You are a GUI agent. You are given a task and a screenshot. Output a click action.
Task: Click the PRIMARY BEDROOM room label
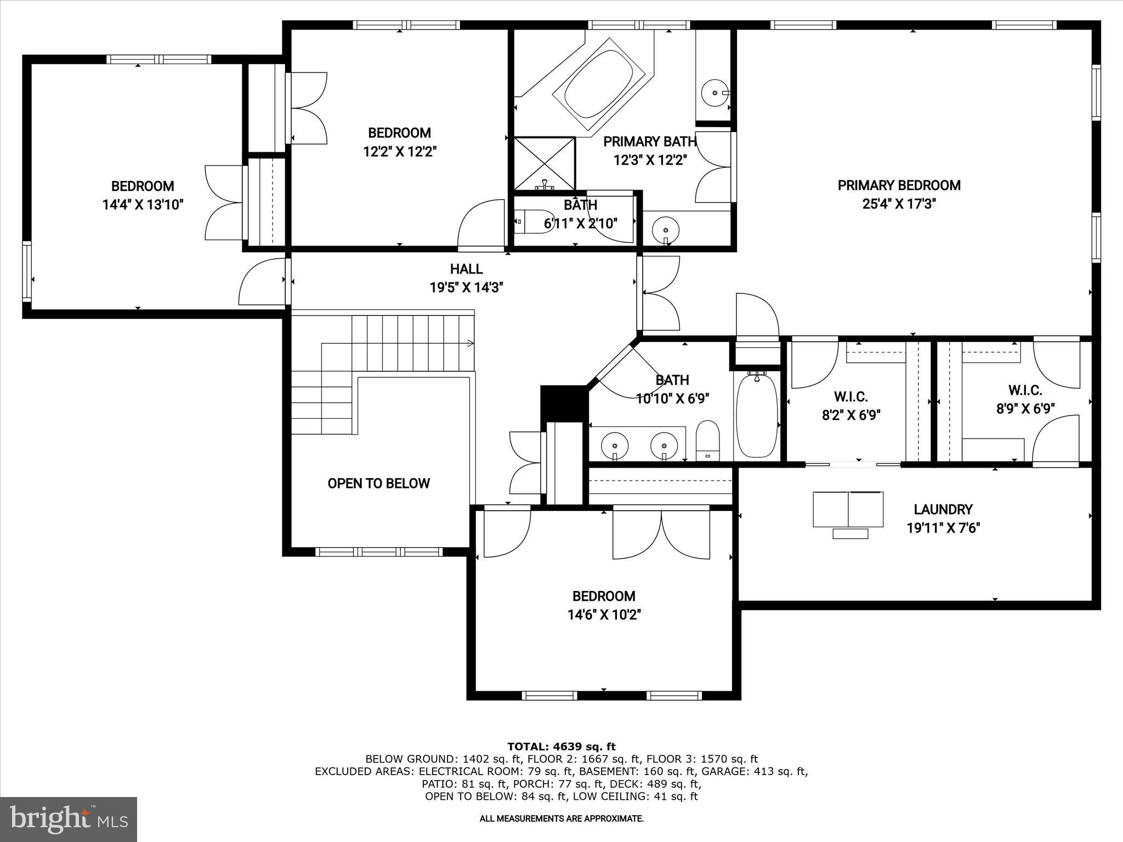coord(899,186)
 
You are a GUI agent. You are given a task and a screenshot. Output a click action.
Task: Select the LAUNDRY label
coord(943,510)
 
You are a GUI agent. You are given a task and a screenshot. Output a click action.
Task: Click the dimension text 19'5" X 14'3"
coord(466,288)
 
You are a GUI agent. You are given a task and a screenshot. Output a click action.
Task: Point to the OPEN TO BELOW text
coord(378,483)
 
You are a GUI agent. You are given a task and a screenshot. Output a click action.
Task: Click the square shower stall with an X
coord(545,163)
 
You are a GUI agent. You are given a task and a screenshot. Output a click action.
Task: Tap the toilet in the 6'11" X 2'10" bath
coord(535,222)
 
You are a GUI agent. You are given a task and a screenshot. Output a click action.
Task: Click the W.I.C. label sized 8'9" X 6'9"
coord(1025,390)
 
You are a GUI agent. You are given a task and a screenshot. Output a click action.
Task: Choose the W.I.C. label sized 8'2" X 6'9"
coord(850,396)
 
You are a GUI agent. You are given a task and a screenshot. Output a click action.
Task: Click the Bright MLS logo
coord(69,819)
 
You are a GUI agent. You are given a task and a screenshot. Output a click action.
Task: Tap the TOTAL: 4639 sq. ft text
coord(561,747)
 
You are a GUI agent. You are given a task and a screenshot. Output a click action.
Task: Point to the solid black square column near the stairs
coord(563,403)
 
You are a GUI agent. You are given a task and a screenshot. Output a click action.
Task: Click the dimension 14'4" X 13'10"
coord(143,205)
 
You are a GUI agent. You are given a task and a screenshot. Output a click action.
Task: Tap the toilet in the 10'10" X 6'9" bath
coord(707,441)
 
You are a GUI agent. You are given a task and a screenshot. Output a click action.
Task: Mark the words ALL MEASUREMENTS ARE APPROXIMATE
coord(561,819)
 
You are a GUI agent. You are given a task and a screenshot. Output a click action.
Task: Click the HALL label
coord(466,269)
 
